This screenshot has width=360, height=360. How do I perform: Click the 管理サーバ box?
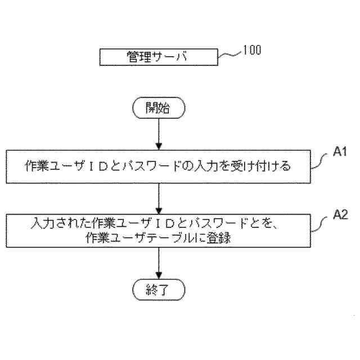[158, 57]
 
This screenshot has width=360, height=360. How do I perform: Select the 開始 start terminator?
[159, 108]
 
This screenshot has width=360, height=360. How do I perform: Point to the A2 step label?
[339, 214]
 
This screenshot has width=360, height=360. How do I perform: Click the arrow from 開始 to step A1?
[159, 134]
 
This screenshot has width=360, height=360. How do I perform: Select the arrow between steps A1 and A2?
[159, 197]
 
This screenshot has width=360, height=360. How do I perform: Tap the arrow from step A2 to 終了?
[159, 262]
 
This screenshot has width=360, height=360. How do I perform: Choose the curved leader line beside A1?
[319, 160]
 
